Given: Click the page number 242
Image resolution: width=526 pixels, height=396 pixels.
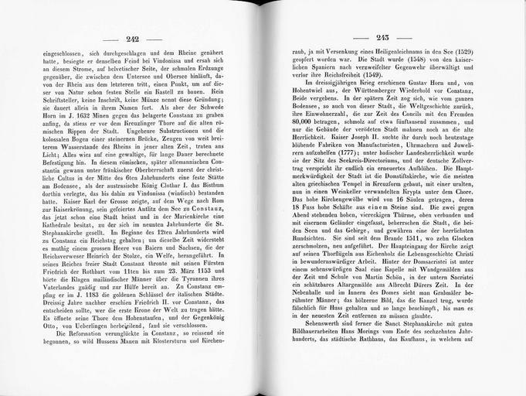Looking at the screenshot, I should coord(142,40).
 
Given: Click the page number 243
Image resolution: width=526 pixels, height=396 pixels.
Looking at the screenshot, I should coord(381,40).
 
